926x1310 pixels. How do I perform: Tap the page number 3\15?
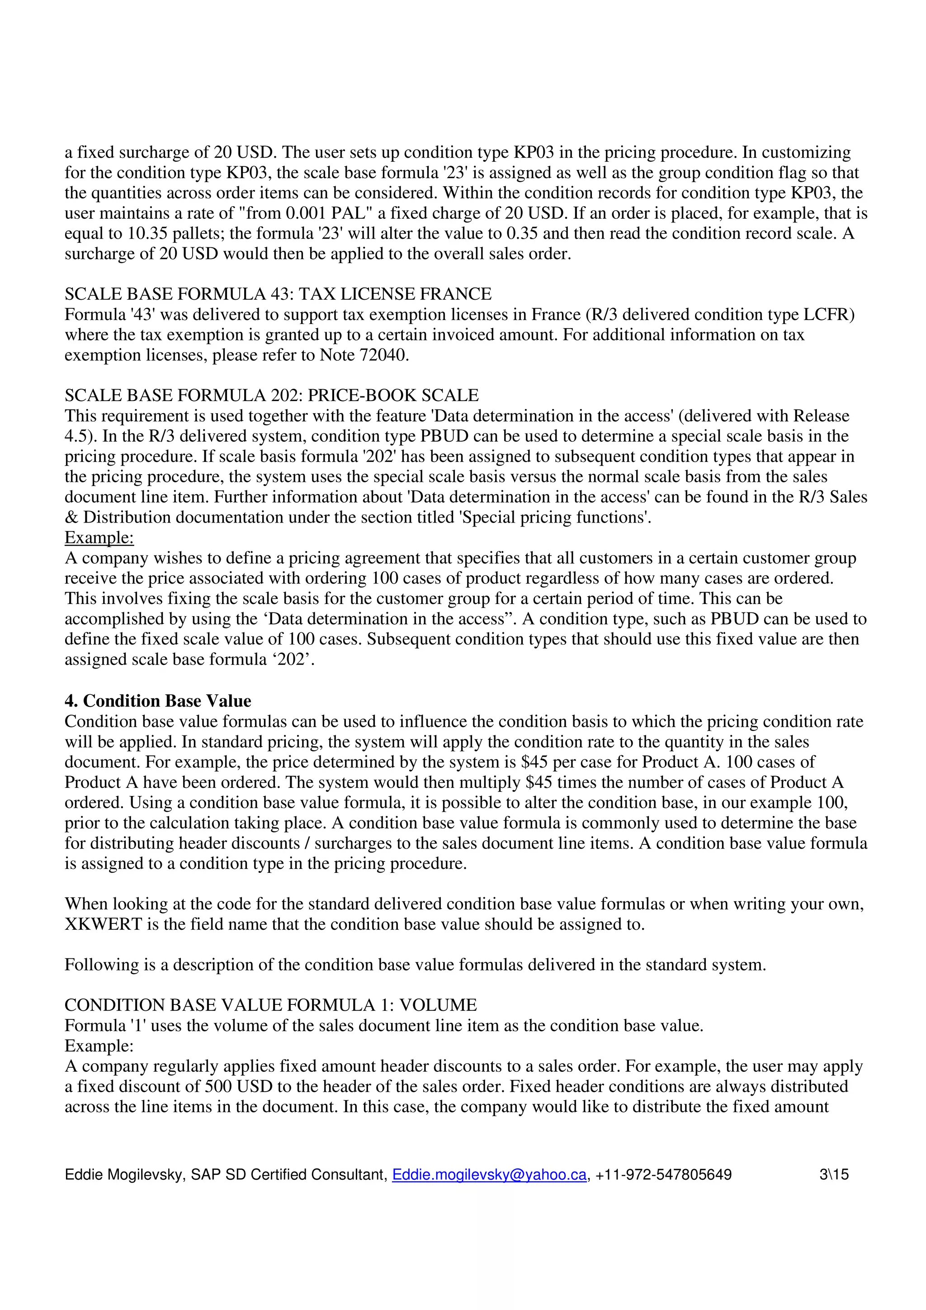click(834, 1174)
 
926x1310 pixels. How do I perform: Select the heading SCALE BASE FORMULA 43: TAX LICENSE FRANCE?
click(278, 294)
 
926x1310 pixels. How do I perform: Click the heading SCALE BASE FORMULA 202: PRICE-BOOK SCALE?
click(272, 396)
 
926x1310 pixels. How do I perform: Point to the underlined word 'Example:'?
click(99, 537)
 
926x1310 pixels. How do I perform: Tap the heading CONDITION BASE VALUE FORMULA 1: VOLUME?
click(270, 1005)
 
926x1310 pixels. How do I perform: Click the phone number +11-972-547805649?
click(663, 1174)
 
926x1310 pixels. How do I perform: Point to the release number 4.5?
click(75, 436)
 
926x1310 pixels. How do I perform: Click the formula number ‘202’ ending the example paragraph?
click(294, 660)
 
